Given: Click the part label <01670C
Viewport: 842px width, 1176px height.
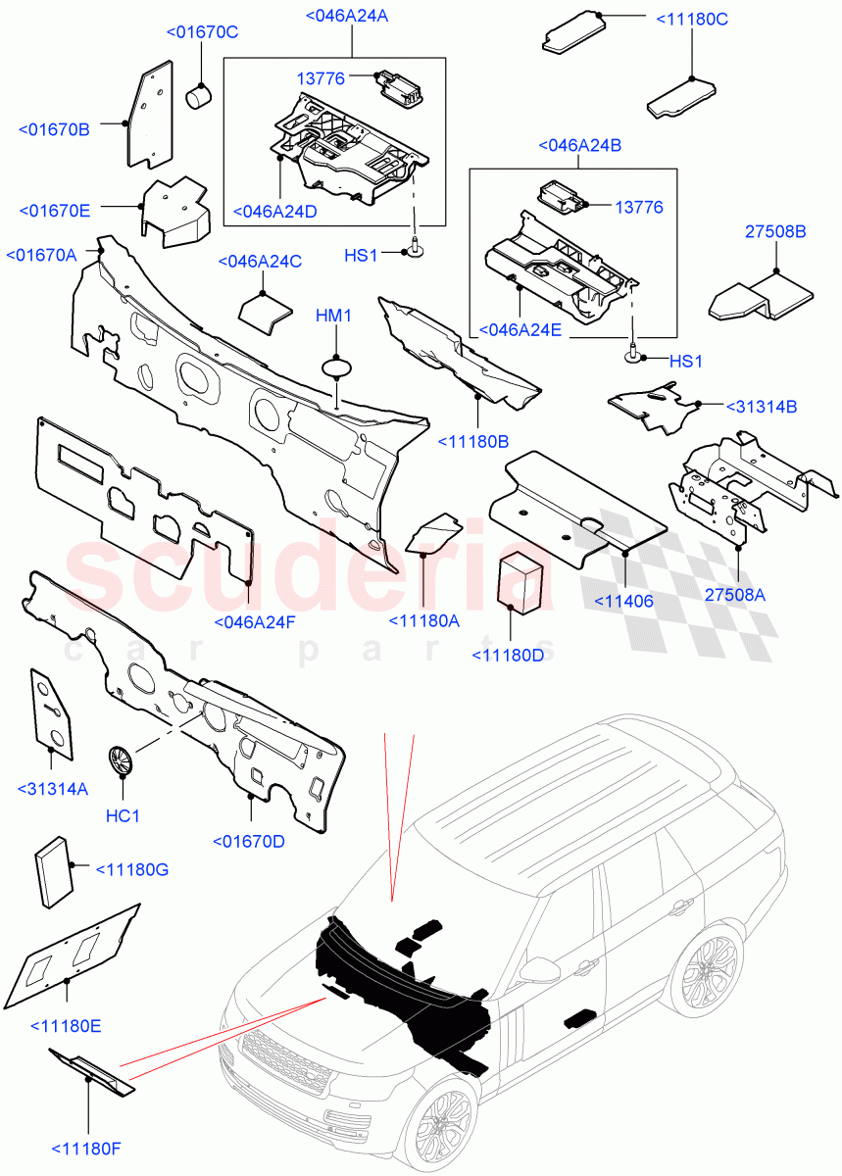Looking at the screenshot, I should pos(201,32).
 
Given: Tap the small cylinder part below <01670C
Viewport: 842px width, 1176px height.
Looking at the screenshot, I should pos(200,94).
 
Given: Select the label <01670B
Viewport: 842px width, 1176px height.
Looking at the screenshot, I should pos(54,128).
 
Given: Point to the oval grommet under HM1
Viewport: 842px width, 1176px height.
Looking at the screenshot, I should pos(336,367).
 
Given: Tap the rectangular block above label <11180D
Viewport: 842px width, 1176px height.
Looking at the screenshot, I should pos(521,580).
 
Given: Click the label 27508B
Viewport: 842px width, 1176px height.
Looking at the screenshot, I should pos(774,232).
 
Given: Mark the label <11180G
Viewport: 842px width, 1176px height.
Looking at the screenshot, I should pos(131,868).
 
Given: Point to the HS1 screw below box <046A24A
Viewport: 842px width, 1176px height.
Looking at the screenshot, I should pos(416,252).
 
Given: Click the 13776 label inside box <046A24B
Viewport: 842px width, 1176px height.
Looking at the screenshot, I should pos(639,208).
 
